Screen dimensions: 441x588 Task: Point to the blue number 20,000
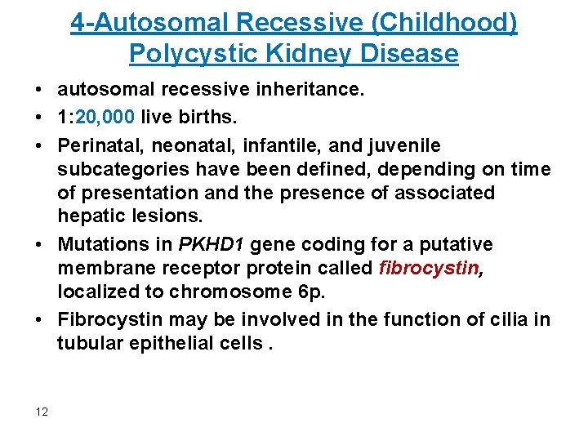coord(109,118)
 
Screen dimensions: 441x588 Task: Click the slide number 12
coord(42,411)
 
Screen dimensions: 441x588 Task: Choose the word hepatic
coord(89,216)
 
